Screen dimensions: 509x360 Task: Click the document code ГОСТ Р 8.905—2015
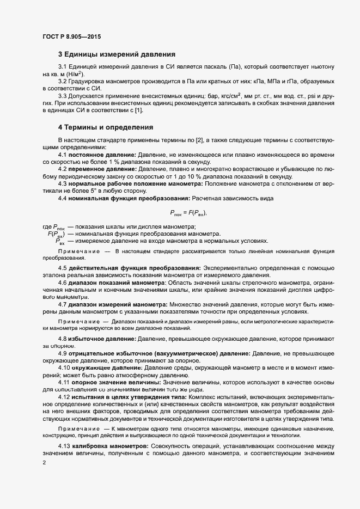(71, 37)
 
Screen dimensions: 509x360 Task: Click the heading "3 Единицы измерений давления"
(117, 54)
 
